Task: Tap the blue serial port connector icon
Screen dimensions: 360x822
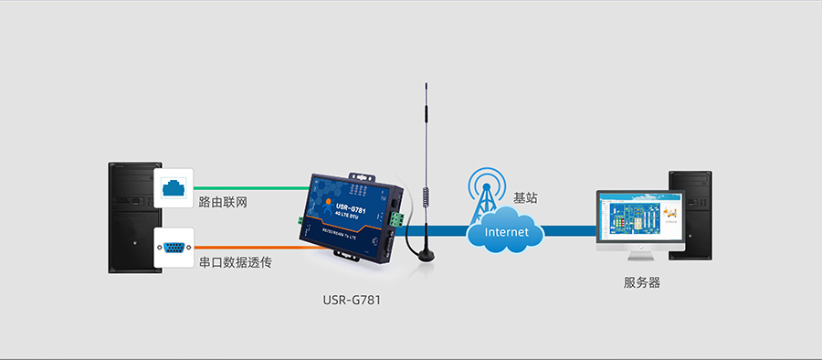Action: click(x=174, y=247)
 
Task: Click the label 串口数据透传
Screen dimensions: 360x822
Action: click(x=235, y=262)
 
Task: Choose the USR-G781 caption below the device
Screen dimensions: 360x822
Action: click(x=352, y=300)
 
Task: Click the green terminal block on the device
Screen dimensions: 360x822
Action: click(x=396, y=220)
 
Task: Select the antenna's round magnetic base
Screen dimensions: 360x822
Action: click(x=424, y=254)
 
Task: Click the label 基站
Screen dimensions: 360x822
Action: click(x=525, y=197)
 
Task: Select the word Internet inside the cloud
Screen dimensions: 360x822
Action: click(x=506, y=232)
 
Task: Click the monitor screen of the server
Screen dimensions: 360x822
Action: click(x=640, y=220)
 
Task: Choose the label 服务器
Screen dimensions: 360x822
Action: click(x=641, y=282)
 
